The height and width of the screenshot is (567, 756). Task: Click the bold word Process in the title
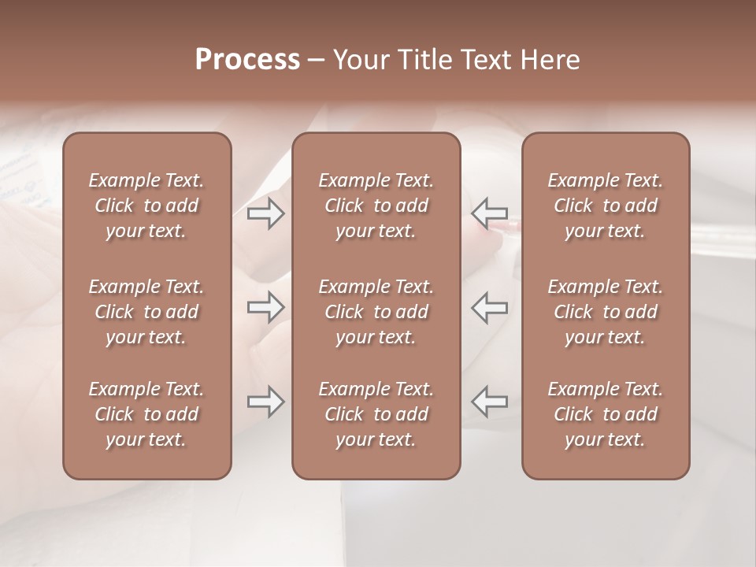coord(247,60)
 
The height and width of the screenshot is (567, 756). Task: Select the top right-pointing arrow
coord(265,213)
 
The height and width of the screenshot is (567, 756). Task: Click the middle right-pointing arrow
coord(265,307)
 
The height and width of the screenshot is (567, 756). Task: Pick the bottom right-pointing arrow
coord(265,402)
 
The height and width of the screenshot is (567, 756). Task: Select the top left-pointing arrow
coord(489,213)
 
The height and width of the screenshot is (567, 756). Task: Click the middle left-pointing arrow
coord(489,307)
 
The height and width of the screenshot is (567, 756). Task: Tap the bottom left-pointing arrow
coord(489,402)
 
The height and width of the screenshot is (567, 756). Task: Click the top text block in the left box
coord(146,206)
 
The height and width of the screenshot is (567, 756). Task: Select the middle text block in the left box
coord(146,312)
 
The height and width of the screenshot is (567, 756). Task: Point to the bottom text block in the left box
coord(146,414)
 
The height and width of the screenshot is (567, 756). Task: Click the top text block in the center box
coord(376,206)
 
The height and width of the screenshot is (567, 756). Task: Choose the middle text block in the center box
coord(376,312)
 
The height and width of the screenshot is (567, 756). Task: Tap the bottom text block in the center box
coord(376,414)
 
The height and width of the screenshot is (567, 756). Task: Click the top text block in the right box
coord(606,206)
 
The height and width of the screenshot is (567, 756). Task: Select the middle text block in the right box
coord(606,312)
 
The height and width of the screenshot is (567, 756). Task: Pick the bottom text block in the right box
coord(606,414)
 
